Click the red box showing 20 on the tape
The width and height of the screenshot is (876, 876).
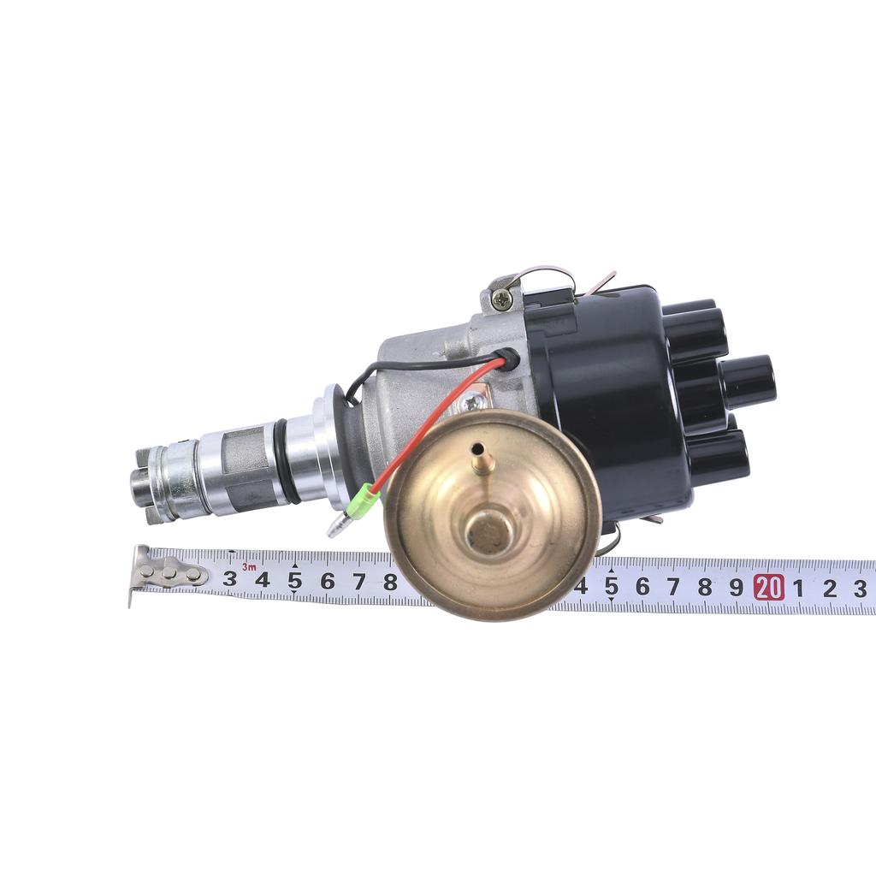pyautogui.click(x=769, y=587)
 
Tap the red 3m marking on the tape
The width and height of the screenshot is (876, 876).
pyautogui.click(x=249, y=567)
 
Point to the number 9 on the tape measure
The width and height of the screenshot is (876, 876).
pyautogui.click(x=737, y=587)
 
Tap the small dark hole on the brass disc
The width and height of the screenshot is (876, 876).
pyautogui.click(x=477, y=447)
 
